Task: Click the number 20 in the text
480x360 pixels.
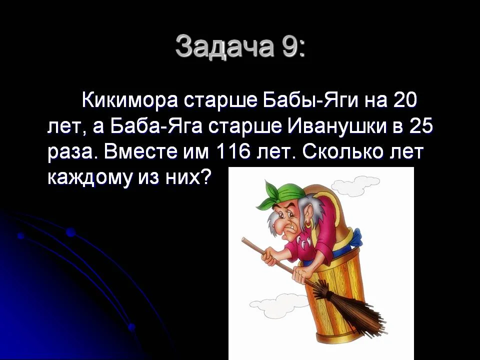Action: pyautogui.click(x=405, y=100)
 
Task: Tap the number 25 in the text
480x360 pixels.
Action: pyautogui.click(x=420, y=126)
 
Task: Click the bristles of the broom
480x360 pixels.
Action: pyautogui.click(x=345, y=310)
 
